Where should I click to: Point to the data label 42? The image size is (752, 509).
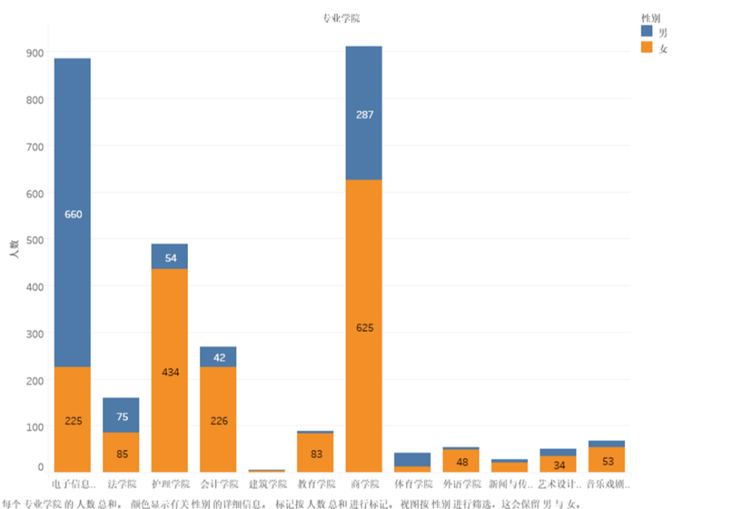pos(218,357)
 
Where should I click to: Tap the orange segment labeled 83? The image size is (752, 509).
pos(315,453)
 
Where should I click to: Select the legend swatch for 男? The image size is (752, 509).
pos(647,31)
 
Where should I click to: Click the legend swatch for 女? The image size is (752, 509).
pos(647,47)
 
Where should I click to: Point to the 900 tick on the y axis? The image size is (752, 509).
pos(36,53)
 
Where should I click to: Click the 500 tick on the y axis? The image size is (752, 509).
pos(36,240)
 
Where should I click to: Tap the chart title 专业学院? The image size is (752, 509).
pos(340,18)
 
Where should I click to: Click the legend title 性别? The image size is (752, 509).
pos(650,17)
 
